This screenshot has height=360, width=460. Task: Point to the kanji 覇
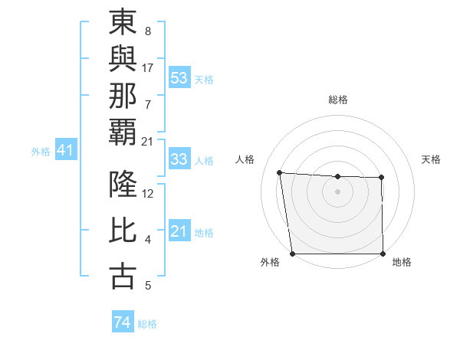click(x=123, y=132)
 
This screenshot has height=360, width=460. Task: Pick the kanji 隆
click(x=123, y=185)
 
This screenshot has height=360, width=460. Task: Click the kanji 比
click(x=123, y=231)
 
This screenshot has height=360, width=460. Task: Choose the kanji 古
click(x=123, y=277)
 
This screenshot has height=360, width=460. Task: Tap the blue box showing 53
click(x=179, y=78)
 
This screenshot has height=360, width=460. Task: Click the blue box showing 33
click(x=179, y=159)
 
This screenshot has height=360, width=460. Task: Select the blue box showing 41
click(x=64, y=151)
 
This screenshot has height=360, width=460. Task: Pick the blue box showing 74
click(x=122, y=322)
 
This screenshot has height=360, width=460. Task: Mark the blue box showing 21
click(x=179, y=231)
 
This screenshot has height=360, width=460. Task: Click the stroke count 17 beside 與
click(x=148, y=67)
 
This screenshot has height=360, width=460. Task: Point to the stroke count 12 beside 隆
click(x=148, y=193)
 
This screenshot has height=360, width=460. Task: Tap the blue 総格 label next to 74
click(x=147, y=324)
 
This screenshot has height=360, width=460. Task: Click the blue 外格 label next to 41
click(x=41, y=152)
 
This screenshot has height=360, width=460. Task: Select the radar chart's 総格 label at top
click(x=337, y=100)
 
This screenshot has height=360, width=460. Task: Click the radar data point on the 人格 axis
click(x=280, y=173)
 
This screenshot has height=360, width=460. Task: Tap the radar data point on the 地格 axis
click(x=383, y=254)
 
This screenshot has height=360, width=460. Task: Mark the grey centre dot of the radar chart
click(x=337, y=191)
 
